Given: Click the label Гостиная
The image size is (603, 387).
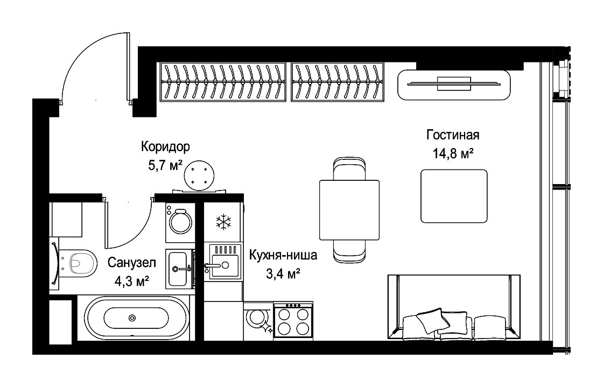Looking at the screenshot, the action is tap(453, 135).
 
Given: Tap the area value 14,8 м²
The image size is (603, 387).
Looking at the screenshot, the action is tap(453, 154).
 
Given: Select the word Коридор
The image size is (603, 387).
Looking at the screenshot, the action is tap(165, 147).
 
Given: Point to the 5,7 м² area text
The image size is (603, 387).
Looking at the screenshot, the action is tap(165, 166).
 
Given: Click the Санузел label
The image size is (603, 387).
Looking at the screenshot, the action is tap(132, 263).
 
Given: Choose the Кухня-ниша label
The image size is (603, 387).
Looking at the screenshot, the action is tap(283, 255).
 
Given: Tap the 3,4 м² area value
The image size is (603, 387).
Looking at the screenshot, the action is tap(283, 274).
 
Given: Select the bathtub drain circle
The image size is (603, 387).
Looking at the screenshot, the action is tap(132, 318).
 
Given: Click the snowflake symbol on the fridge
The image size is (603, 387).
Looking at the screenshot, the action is tap(223, 222).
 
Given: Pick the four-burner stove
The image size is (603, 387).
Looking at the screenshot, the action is tap(293, 321).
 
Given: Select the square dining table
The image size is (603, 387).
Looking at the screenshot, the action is tap(349, 210).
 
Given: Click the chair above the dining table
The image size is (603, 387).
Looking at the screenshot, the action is tap(349, 168).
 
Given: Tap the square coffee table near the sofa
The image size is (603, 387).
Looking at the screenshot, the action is tap(454, 196).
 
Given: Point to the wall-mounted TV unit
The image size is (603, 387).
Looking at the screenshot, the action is tap(454, 85).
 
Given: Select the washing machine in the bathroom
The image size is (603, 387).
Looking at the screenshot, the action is tap(180, 222).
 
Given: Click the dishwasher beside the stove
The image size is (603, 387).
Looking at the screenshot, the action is tap(258, 321).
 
